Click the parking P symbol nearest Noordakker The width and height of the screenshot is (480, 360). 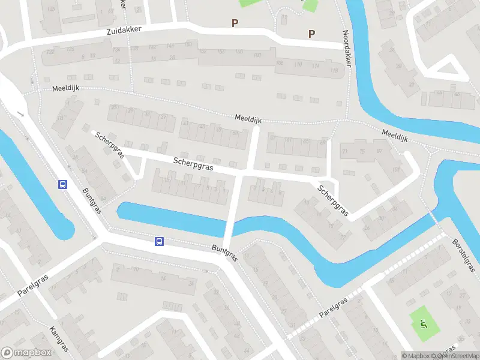coord(311,34)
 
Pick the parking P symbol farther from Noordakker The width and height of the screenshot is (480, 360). coord(235,23)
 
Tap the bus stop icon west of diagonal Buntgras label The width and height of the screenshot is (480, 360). coord(62,184)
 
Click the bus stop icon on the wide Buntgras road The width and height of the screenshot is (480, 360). coord(159,241)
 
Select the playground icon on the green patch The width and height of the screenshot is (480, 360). coord(424,325)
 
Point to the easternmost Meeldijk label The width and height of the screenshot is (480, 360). coord(394,134)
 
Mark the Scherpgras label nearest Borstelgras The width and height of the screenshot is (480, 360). coord(333,200)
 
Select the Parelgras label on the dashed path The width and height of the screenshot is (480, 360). coord(333,305)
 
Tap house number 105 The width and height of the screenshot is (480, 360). coord(51,10)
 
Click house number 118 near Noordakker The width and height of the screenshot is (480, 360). coord(334,71)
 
